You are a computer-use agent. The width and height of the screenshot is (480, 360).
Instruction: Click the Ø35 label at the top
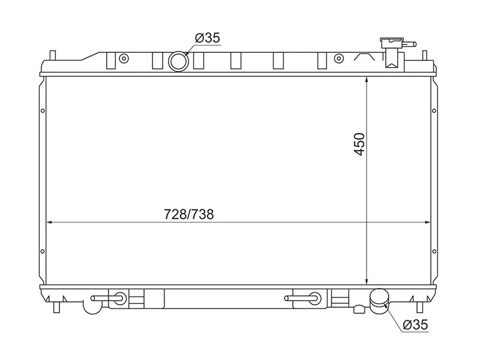coord(208,38)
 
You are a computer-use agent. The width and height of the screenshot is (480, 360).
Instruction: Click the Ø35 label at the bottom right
coord(415,325)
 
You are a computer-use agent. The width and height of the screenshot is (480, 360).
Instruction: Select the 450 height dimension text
coord(359,144)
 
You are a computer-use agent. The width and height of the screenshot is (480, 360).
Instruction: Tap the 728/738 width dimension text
coord(188,214)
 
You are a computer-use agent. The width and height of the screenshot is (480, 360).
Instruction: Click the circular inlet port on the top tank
coord(178,62)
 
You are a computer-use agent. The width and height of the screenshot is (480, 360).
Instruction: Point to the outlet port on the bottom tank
coord(379,301)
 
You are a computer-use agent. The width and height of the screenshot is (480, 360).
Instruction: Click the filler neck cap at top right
coord(392,43)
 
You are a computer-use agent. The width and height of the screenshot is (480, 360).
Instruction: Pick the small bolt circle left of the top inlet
coord(124,58)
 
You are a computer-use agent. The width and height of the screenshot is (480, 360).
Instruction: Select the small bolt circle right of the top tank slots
coord(338,58)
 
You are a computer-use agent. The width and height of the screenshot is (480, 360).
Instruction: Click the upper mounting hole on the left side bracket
coord(43,111)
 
